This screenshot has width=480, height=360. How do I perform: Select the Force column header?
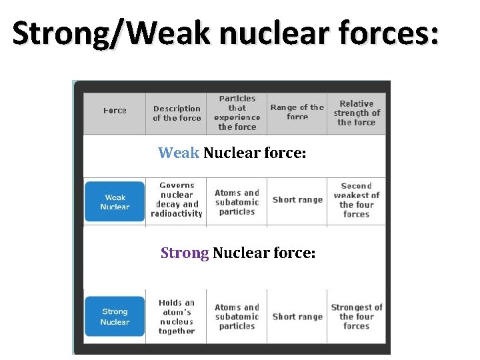(115, 111)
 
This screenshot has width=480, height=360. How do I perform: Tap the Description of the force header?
(177, 113)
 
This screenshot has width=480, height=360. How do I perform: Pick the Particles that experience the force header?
(237, 113)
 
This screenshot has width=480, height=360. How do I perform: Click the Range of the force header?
(297, 112)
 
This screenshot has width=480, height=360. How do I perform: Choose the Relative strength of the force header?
(356, 113)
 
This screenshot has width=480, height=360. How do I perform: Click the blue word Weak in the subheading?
(178, 153)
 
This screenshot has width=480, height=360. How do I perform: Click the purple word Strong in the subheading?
(185, 253)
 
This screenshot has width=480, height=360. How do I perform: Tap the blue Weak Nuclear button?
(115, 202)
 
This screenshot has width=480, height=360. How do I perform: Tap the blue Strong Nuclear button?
(115, 317)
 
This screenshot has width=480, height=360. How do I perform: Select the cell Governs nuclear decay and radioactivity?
(177, 200)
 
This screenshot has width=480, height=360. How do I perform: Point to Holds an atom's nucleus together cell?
(177, 317)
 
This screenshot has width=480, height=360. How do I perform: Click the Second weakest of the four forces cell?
(356, 200)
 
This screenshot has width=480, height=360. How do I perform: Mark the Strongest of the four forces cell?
(356, 317)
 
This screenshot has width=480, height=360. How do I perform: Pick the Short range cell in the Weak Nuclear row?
(297, 200)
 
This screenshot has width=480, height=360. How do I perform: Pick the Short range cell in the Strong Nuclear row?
(297, 317)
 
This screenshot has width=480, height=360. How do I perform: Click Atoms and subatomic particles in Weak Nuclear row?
(237, 202)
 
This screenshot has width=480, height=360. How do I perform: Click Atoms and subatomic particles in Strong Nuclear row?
(237, 317)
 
